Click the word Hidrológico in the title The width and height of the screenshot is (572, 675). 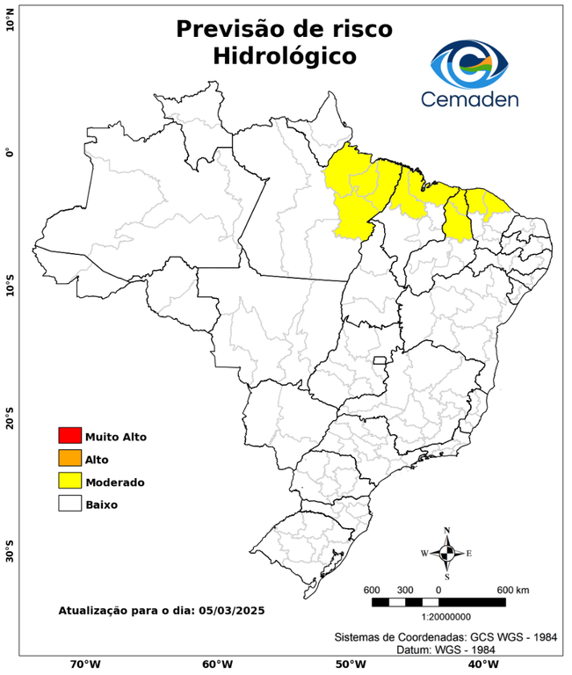[x=285, y=56]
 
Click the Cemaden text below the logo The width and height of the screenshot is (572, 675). [x=469, y=98]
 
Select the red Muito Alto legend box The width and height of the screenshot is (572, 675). [x=69, y=436]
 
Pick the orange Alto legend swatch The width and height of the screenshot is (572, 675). [x=69, y=459]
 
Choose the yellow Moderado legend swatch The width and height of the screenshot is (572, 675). [x=69, y=482]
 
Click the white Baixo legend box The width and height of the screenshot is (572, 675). [x=69, y=504]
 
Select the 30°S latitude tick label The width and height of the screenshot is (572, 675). [x=10, y=554]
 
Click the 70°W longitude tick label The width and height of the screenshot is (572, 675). [x=84, y=664]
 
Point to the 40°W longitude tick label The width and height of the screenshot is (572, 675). [x=481, y=664]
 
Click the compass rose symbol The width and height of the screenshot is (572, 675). [x=446, y=553]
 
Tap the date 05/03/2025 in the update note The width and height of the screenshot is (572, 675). [x=232, y=610]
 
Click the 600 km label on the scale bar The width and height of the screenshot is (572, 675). [x=513, y=589]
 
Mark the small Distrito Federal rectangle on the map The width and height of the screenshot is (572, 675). [x=380, y=360]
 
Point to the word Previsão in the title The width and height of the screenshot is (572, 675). [x=224, y=28]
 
